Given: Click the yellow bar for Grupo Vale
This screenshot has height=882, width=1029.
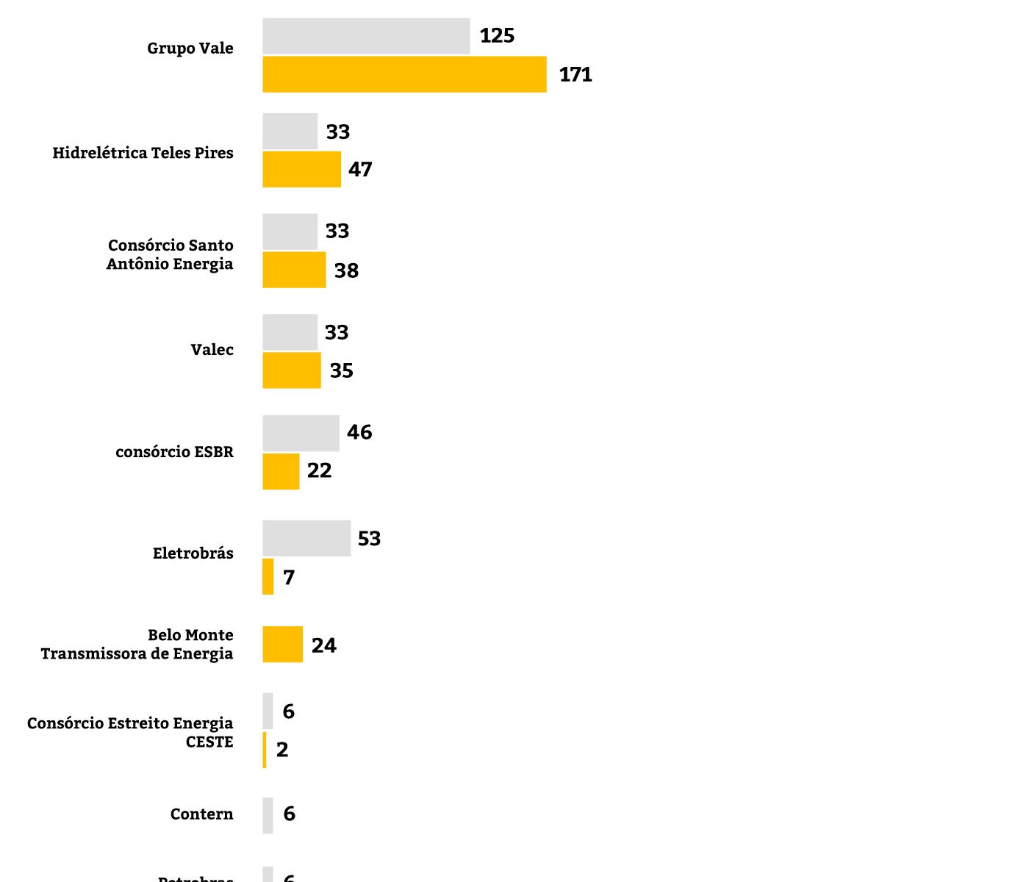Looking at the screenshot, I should [x=404, y=74].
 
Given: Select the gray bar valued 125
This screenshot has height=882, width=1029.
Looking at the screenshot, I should [x=366, y=36].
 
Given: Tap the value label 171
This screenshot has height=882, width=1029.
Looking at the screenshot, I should [x=576, y=74].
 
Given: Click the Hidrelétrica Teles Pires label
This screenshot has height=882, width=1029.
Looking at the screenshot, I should [x=143, y=153].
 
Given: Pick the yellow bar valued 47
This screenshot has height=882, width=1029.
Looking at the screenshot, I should [x=301, y=169].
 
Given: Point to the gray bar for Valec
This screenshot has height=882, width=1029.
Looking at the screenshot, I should [x=290, y=332].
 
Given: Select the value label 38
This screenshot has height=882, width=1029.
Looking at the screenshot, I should [x=346, y=270].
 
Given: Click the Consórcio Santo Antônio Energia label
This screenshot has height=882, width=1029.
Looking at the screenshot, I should [x=170, y=254].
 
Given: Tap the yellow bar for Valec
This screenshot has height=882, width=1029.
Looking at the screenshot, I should [x=292, y=370].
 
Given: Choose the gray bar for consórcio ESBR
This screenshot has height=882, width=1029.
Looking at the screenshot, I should [x=301, y=433].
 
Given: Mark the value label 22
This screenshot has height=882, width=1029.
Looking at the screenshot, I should [x=319, y=470].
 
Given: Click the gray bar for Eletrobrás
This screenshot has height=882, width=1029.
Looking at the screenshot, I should [x=306, y=538].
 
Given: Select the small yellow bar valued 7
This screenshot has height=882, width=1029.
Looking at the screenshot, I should [x=268, y=576].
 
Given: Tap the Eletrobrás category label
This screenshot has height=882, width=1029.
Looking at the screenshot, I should [x=193, y=553].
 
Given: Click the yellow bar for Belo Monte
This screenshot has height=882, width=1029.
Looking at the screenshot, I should [x=282, y=645].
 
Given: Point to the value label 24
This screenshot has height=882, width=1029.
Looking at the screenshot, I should [x=323, y=645].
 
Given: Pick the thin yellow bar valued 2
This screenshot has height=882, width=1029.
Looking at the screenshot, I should [x=265, y=750].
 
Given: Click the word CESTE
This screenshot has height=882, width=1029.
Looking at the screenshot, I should [x=209, y=742].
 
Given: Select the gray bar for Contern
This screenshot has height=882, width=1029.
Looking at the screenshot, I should [x=268, y=815].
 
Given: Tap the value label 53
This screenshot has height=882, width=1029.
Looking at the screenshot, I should [x=369, y=539].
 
